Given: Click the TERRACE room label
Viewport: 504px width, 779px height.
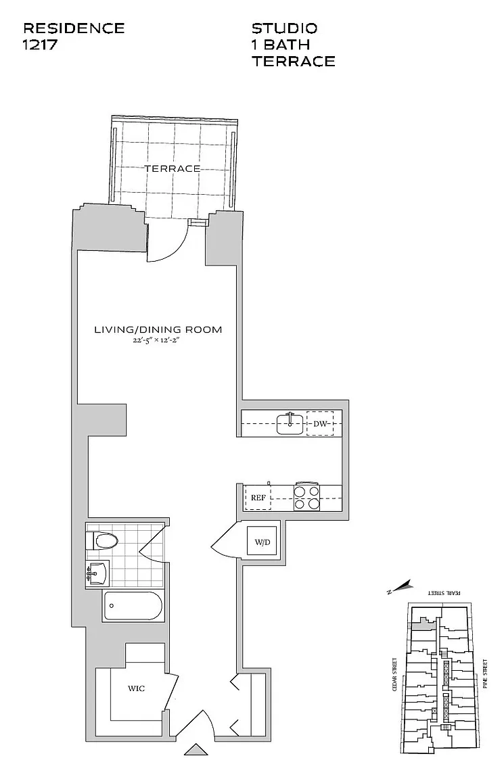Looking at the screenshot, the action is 171,168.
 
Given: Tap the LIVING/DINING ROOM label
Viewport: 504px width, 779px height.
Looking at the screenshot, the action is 158,330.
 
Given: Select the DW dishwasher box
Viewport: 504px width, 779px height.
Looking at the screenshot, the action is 320,424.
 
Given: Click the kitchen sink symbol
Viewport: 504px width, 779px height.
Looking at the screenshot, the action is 290,424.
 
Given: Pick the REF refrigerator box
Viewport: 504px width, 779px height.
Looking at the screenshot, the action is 258,498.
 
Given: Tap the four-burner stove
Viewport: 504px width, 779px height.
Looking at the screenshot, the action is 306,498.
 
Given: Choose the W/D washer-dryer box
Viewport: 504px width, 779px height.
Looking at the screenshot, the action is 262,541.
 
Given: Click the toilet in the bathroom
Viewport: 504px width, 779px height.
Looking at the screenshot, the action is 104,540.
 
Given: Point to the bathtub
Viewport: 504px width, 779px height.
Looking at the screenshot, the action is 133,607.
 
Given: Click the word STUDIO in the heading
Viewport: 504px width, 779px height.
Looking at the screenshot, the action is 284,28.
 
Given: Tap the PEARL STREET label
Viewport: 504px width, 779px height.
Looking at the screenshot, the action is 444,592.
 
